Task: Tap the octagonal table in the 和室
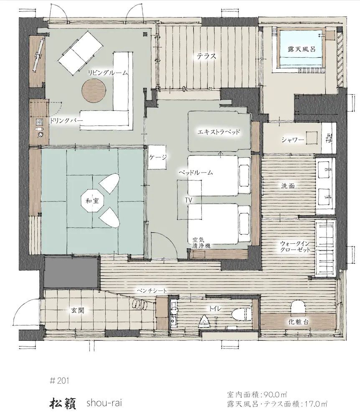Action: [x=92, y=201]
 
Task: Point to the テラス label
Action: [x=206, y=56]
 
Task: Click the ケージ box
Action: [x=157, y=157]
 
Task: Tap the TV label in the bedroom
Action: [x=189, y=200]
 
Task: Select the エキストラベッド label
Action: [x=219, y=132]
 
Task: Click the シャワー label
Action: [x=293, y=140]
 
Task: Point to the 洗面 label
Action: [x=288, y=186]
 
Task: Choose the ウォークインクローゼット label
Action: [x=295, y=247]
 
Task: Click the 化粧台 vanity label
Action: [x=299, y=322]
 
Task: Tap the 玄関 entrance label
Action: [x=78, y=310]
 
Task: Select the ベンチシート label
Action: [x=152, y=291]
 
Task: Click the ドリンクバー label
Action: [x=66, y=120]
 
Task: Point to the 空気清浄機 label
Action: [x=201, y=242]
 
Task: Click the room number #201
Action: [x=59, y=381]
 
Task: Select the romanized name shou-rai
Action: [x=104, y=403]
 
